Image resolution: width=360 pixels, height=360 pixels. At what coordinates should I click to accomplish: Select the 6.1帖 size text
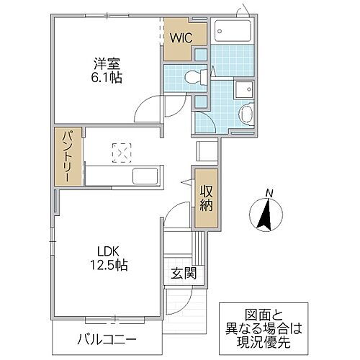pos(105,76)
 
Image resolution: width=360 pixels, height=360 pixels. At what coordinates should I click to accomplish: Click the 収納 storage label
pos(205,197)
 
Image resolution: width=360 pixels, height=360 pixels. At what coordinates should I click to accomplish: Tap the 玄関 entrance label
pos(183,273)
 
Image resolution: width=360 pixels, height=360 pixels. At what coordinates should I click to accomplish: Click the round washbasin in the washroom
pos(245,114)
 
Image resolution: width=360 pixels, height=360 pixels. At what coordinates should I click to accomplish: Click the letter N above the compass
pos(268,192)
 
